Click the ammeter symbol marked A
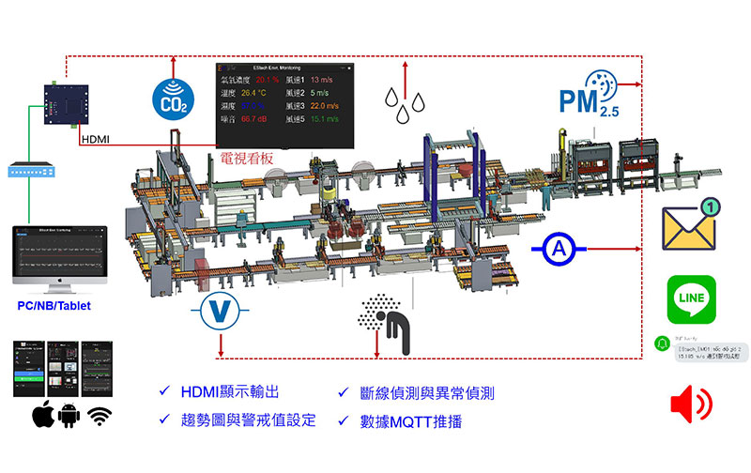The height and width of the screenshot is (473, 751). coord(560,249)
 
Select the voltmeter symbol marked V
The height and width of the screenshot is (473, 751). coord(219,311)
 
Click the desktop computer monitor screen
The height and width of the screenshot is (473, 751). coord(60,252)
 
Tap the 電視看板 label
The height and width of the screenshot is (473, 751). coord(246,159)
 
